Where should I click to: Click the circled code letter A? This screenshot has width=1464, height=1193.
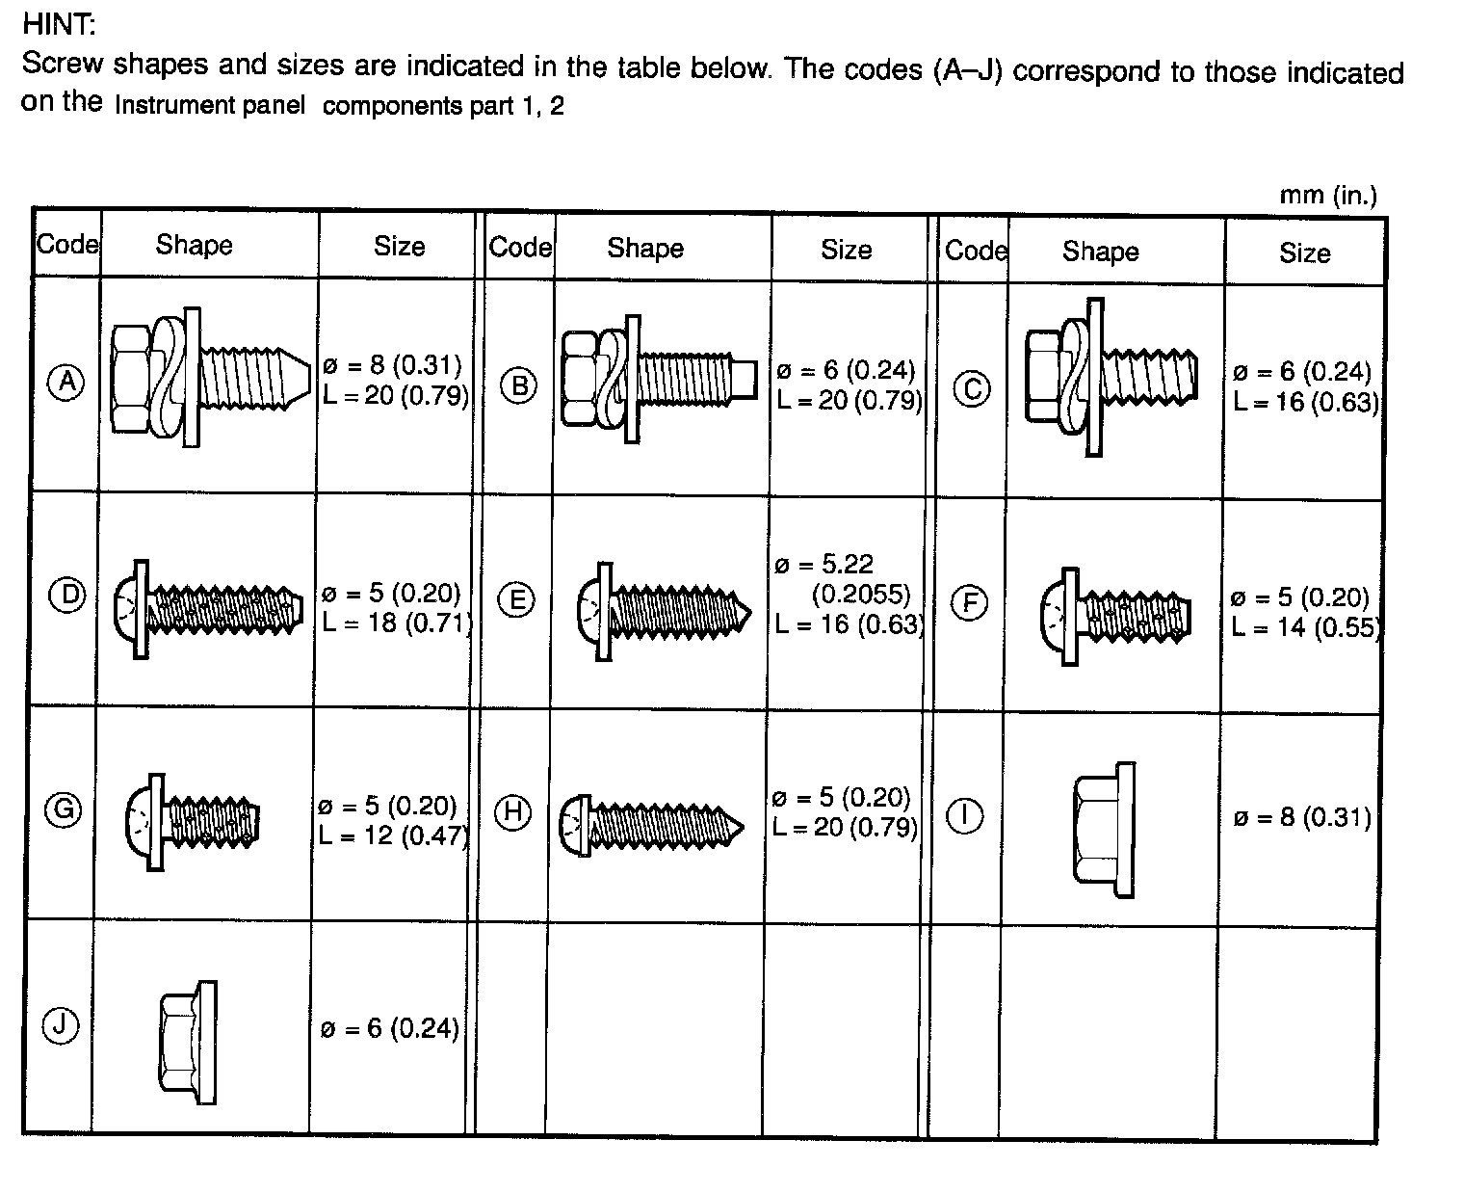[65, 383]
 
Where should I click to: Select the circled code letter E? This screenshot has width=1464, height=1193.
[516, 600]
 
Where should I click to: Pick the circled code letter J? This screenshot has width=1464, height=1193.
[60, 1026]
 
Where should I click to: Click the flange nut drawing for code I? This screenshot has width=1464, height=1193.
[1104, 829]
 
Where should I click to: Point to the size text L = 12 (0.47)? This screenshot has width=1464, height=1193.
[393, 835]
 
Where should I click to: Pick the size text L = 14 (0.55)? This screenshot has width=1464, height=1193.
[1305, 627]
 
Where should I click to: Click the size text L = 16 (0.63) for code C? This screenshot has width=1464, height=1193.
[1305, 402]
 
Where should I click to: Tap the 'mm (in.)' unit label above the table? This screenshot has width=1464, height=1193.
[1327, 196]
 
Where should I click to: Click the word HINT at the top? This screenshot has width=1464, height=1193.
[57, 23]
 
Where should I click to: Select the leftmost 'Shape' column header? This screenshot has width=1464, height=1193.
[194, 245]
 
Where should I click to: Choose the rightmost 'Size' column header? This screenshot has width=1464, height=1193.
[1304, 252]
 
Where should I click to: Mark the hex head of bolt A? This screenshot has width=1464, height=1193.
[130, 377]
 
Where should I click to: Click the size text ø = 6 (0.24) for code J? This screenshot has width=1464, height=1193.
[389, 1028]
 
